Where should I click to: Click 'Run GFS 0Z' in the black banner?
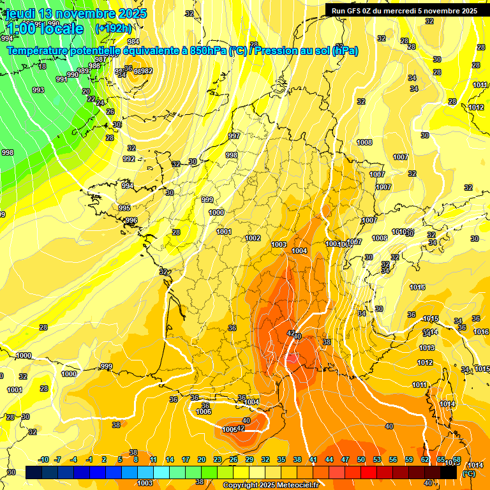tap(352, 10)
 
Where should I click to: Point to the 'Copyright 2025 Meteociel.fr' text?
tap(271, 485)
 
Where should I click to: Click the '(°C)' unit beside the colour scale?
tap(468, 473)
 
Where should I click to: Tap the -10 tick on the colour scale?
tap(43, 459)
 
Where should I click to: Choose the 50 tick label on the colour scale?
tap(361, 459)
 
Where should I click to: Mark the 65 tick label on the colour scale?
tap(441, 459)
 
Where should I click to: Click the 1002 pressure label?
tap(253, 238)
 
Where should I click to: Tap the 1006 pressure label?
tap(204, 412)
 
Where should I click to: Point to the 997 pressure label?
tap(234, 136)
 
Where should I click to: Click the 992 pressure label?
tap(129, 159)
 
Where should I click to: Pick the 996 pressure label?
tap(131, 220)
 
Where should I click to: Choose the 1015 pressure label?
tap(431, 318)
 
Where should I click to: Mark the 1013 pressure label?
tap(426, 348)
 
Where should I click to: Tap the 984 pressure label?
tap(133, 59)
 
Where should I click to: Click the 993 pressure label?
tap(38, 90)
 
